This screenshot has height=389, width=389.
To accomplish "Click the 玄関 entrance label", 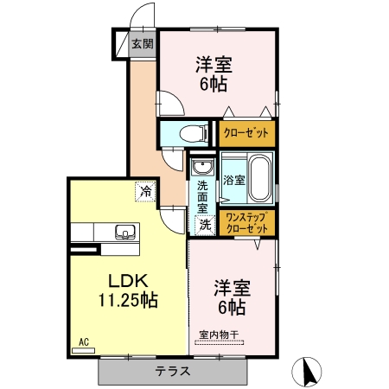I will tap(143, 44).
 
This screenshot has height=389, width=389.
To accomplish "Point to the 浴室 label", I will tap(233, 181).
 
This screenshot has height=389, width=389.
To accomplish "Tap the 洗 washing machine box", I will tap(205, 225).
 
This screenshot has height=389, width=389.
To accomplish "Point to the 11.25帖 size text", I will tap(126, 301).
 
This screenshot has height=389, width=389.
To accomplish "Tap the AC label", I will tap(85, 342).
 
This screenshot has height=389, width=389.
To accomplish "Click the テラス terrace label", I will tap(173, 371).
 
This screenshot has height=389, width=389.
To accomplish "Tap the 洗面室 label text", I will tap(202, 196).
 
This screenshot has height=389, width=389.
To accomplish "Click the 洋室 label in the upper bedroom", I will tap(216, 64).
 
